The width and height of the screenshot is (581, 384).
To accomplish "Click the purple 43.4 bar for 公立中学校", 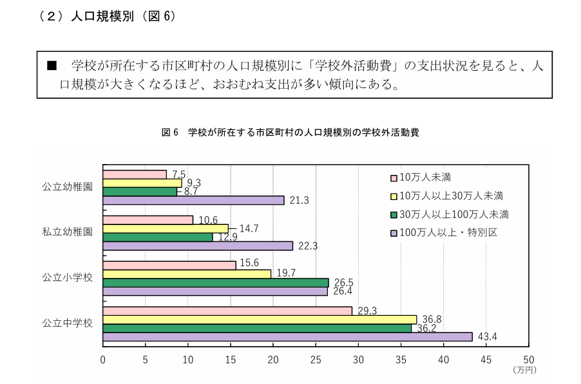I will [x=287, y=336].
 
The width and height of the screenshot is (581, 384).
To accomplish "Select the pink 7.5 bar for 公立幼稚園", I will [x=135, y=174].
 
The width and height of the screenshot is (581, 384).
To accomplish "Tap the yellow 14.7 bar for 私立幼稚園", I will [x=166, y=228].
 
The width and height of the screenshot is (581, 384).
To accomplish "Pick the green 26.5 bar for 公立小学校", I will [x=216, y=282].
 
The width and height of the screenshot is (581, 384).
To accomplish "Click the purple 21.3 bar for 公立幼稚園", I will [x=193, y=200].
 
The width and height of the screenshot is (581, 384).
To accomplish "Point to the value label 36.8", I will [x=430, y=320].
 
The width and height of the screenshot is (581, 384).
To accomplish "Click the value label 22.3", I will [x=309, y=246].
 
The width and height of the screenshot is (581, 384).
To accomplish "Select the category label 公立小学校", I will [x=68, y=278].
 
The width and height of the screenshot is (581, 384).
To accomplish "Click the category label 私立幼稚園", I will [x=68, y=232].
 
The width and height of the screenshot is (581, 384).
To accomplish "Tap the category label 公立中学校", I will [x=68, y=323].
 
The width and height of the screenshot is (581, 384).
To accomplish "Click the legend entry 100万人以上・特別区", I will [x=448, y=232].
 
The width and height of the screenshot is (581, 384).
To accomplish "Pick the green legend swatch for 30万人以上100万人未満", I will [x=394, y=214].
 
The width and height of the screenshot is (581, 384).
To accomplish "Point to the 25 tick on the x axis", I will [x=316, y=360].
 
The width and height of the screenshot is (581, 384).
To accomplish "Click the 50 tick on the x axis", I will [x=529, y=360].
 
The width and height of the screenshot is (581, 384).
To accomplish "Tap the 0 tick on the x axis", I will [x=103, y=360].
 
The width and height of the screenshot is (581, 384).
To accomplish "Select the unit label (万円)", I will [x=525, y=370].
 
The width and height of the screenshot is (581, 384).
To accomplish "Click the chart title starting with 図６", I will [x=290, y=133].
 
